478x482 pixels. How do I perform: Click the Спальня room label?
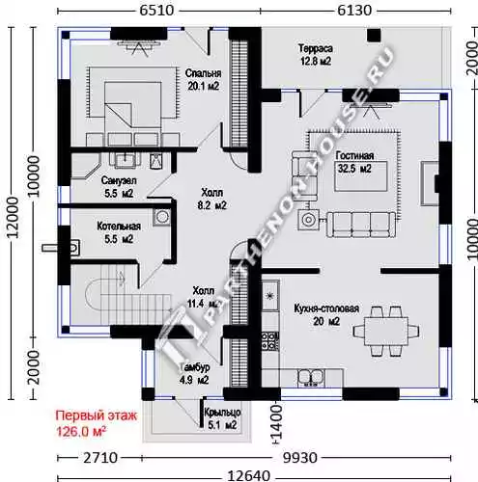203,73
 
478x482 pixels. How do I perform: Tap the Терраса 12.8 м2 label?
316,55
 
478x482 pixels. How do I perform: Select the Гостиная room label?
354,155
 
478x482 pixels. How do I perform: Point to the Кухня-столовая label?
326,308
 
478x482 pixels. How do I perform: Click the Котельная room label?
119,227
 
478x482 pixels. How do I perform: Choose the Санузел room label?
119,180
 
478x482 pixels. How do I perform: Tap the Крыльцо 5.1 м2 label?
222,418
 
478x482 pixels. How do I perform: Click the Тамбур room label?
195,367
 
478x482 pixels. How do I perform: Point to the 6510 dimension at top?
156,11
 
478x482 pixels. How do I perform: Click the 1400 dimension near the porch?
276,422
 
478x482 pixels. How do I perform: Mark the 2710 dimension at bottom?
100,458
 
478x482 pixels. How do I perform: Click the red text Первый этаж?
97,415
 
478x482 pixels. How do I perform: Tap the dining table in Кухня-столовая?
386,331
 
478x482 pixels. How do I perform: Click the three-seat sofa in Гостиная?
361,225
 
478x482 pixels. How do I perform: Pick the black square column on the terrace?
374,35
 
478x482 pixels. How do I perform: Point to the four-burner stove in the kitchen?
269,341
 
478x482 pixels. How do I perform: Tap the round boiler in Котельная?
162,217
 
